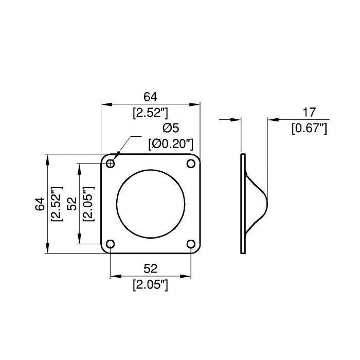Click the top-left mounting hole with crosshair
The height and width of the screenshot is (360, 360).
111,164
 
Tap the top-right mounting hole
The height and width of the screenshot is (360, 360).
191,164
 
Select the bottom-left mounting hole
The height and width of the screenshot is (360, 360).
111,244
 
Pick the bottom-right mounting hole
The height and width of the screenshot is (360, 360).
191,244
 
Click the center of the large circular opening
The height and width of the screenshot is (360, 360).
151,204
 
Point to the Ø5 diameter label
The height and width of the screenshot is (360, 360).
171,128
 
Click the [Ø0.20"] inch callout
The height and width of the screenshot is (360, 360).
171,145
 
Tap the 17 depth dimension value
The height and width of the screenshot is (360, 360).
309,112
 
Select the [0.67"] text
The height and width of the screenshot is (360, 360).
309,128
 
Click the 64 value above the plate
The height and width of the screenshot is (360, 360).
150,97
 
